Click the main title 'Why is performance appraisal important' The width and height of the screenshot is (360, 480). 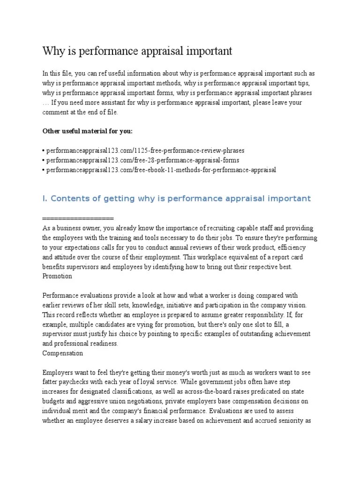point(137,51)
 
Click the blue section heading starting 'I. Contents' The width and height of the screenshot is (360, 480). point(176,198)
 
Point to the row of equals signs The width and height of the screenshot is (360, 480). point(78,218)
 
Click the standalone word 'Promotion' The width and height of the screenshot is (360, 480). point(57,276)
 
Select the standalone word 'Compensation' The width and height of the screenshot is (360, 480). point(62,352)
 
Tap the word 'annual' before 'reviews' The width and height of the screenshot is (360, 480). point(174,247)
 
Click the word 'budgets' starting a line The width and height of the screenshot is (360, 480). point(54,401)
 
